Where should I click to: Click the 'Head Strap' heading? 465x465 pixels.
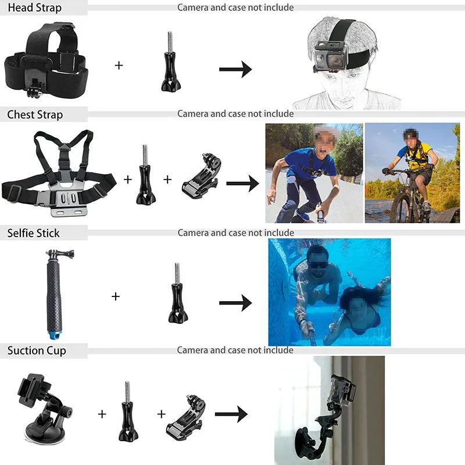click(34, 8)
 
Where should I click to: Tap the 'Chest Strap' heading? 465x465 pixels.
click(35, 115)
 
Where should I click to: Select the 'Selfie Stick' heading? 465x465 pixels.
click(34, 233)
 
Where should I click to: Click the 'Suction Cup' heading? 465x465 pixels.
click(37, 350)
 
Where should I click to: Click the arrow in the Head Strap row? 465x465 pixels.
click(235, 69)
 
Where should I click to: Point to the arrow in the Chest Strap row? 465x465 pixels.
click(242, 184)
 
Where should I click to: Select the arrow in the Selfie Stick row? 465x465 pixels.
click(235, 303)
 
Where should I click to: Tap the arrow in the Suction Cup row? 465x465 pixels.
click(231, 414)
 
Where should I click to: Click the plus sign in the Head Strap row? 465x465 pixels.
click(119, 65)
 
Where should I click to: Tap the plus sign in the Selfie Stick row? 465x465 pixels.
click(116, 296)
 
